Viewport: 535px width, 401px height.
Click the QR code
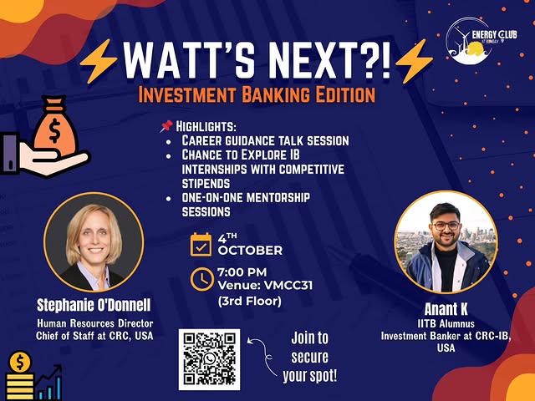(x=210, y=359)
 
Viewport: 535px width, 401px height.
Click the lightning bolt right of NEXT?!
(x=415, y=58)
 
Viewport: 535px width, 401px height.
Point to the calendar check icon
(x=201, y=245)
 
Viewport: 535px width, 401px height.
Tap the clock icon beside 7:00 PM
(x=201, y=278)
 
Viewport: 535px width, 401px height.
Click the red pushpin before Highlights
(x=166, y=126)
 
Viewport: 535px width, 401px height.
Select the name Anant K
(x=442, y=307)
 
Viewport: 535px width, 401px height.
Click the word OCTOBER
(x=251, y=250)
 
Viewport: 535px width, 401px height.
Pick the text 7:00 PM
(x=242, y=272)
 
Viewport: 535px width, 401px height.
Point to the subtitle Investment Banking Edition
(x=257, y=94)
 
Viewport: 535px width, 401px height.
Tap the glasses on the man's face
(x=444, y=225)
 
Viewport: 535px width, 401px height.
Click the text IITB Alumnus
(x=444, y=322)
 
